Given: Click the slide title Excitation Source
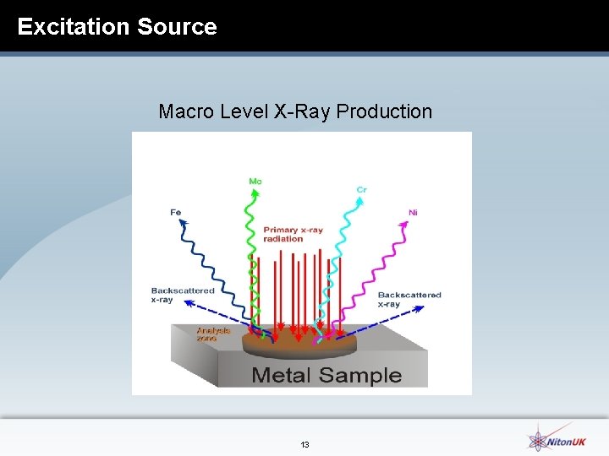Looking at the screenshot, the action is click(117, 26).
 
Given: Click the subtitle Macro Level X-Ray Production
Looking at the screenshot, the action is click(295, 111).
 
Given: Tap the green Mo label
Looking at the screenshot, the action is click(255, 181).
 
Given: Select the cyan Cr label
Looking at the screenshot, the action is click(361, 190).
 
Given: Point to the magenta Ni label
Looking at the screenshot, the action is click(413, 213).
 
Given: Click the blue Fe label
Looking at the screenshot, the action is click(175, 213).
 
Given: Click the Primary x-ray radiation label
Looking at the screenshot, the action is click(294, 234).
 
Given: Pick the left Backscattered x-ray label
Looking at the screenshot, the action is click(183, 295).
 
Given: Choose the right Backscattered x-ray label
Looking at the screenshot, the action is click(409, 299).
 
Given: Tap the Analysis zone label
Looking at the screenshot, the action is click(212, 334).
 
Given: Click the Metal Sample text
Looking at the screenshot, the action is click(326, 375).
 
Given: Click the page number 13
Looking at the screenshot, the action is click(304, 444).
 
